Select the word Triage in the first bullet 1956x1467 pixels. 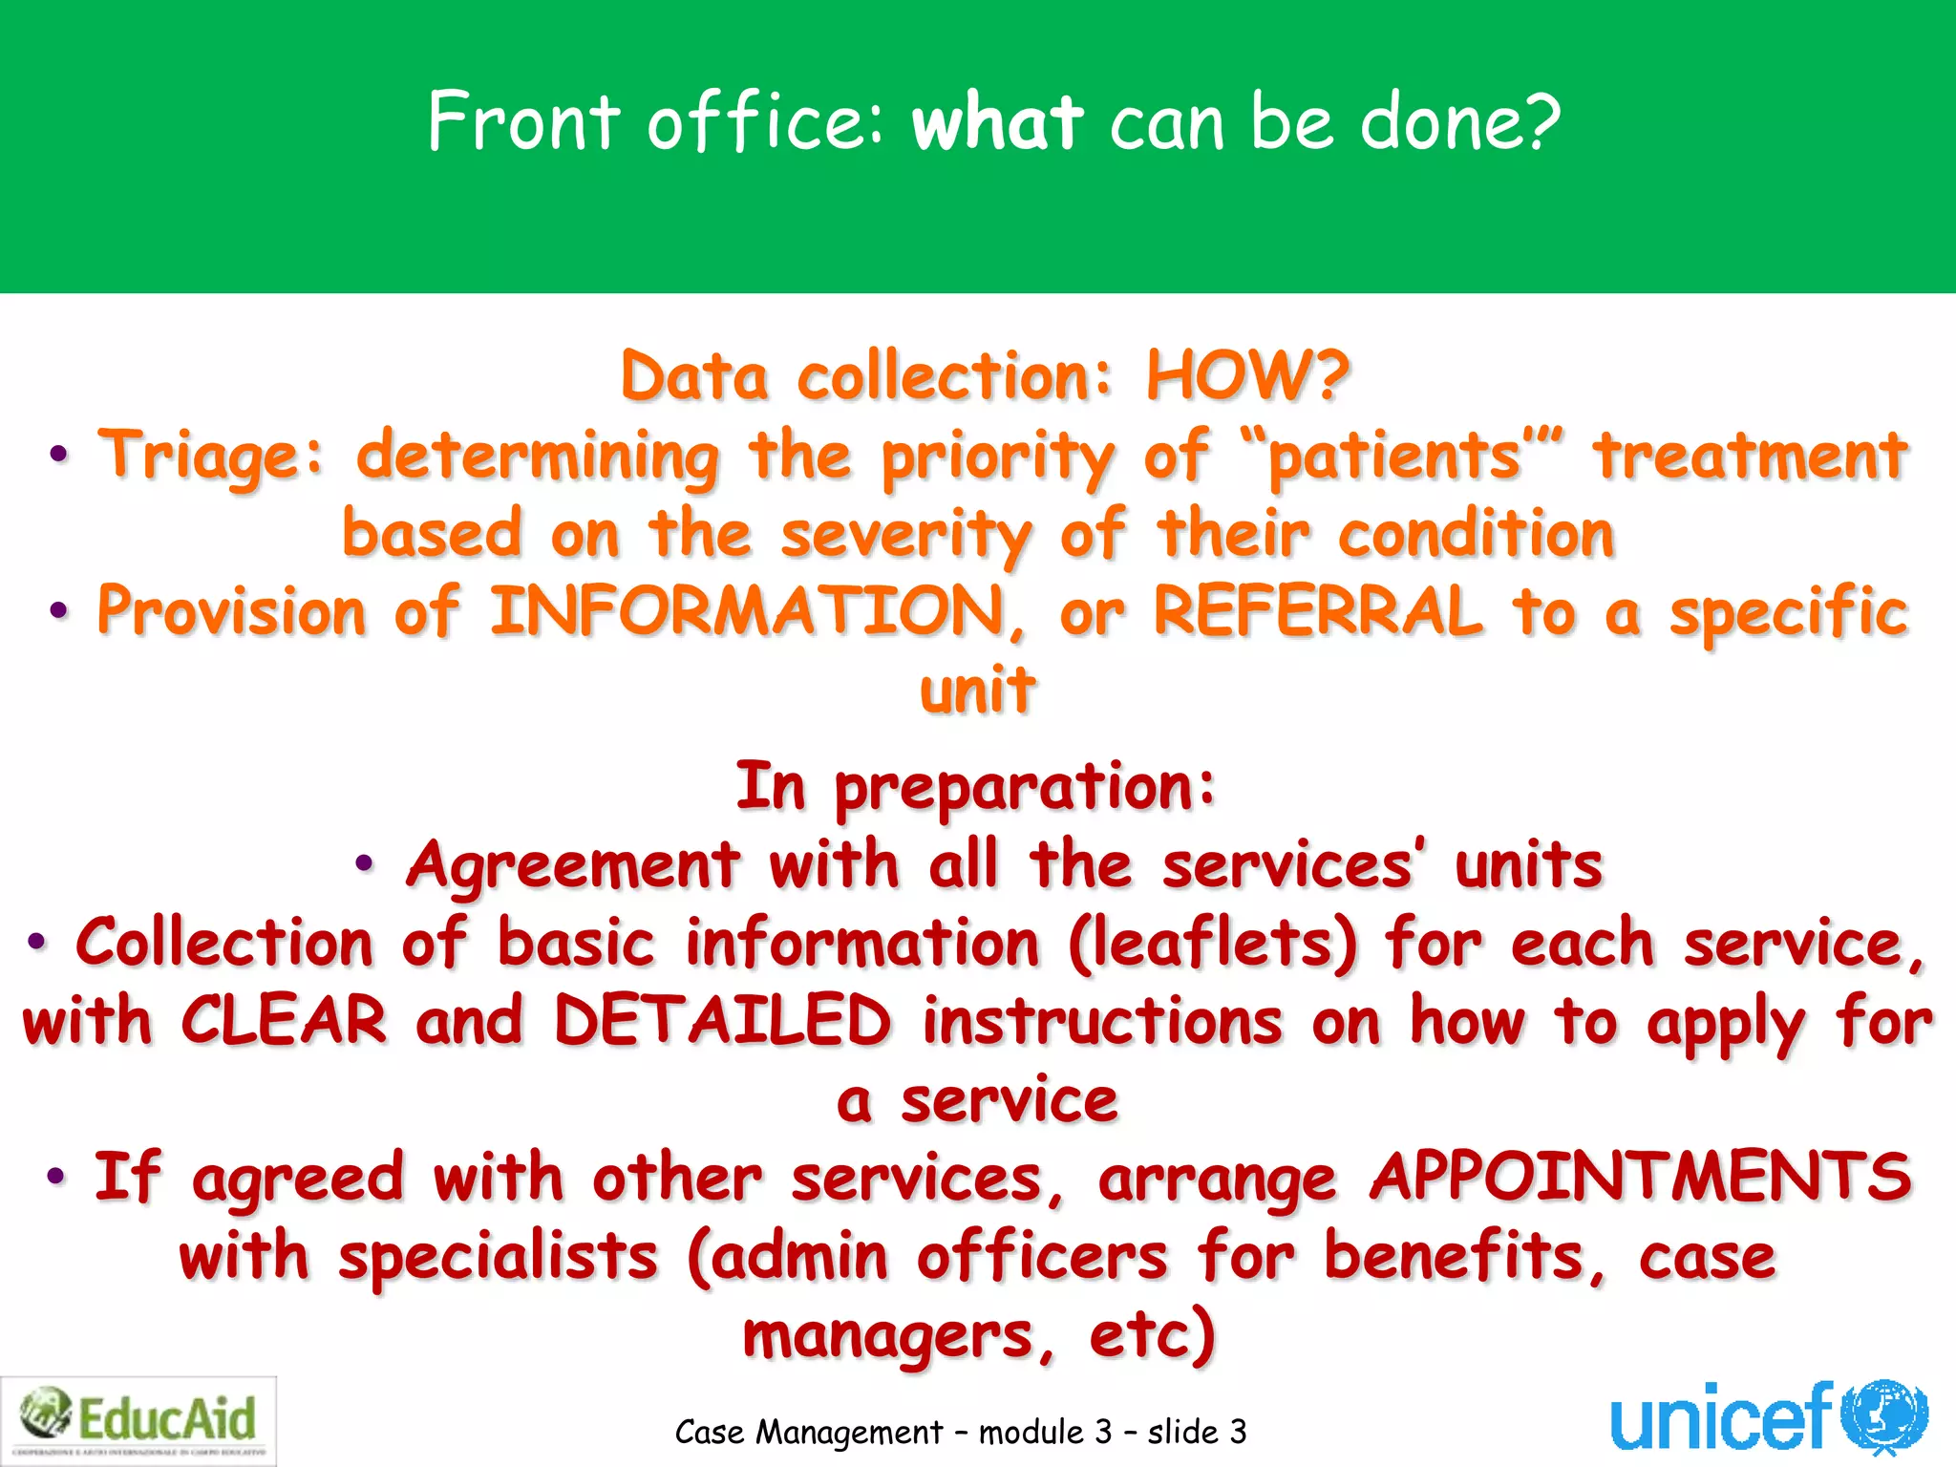point(211,456)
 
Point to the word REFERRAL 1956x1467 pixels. point(1318,612)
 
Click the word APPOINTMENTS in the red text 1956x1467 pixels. point(1641,1178)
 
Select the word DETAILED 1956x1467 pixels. point(723,1021)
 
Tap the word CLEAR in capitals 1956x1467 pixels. point(285,1021)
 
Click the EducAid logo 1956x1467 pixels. point(138,1420)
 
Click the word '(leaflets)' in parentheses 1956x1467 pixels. point(1212,944)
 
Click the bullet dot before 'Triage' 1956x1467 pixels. point(59,456)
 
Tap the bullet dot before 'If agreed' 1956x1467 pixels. point(56,1176)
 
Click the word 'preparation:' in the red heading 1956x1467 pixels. point(1025,789)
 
